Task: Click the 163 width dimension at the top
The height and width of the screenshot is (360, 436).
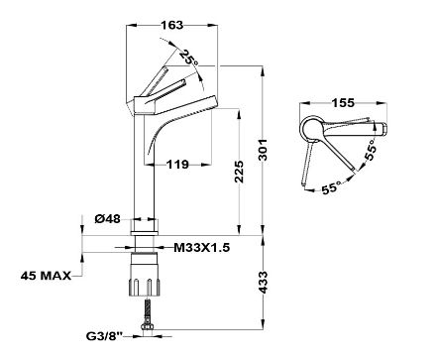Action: coord(171,25)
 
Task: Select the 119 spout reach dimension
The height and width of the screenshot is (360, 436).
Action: coord(177,164)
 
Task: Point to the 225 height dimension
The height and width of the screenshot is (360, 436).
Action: coord(239,172)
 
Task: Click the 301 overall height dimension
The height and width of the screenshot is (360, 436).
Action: coord(263,150)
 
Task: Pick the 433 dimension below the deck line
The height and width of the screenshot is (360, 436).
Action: coord(263,283)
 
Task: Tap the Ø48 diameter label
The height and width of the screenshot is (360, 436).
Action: coord(108,218)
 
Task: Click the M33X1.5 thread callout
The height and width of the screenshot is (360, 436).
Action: coord(201,247)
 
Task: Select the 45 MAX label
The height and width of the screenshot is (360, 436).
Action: coord(46,276)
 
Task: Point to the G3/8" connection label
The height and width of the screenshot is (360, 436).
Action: coord(104,336)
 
